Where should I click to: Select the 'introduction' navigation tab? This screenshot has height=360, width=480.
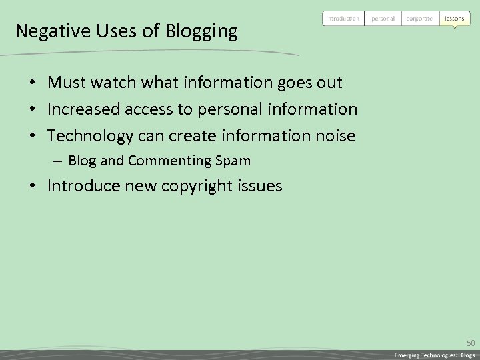coord(343,19)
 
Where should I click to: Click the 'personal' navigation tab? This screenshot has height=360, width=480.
coord(383,19)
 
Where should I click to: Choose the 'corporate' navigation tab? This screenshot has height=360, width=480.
coord(419,19)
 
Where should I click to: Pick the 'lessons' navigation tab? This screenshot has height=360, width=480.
coord(454,19)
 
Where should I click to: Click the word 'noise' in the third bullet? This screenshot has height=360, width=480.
coord(334,136)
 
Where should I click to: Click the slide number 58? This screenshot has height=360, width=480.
coord(471,343)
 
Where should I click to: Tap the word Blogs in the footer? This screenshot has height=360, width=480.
coord(467,355)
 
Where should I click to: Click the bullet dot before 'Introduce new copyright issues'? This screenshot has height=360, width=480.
coord(31,186)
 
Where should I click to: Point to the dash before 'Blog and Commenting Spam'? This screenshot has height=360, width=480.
coord(58,161)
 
